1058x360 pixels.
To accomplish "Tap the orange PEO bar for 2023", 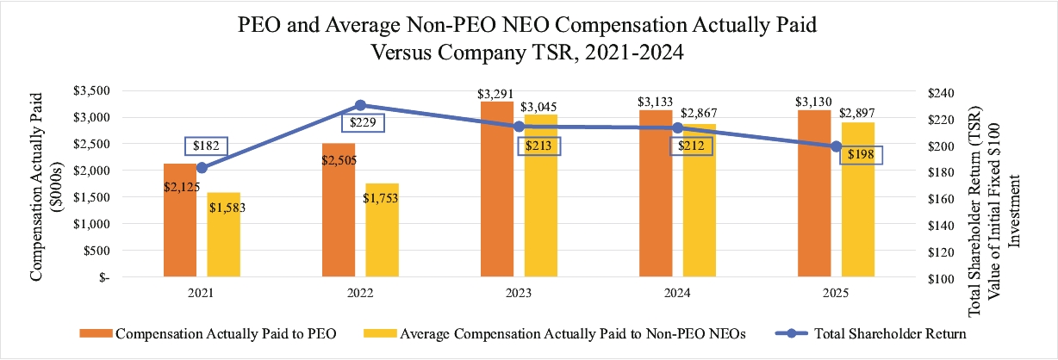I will pyautogui.click(x=497, y=189).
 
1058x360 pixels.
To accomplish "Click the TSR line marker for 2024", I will pyautogui.click(x=677, y=127).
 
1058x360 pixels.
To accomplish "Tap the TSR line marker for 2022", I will pyautogui.click(x=360, y=105).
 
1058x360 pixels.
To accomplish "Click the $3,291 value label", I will pyautogui.click(x=495, y=92).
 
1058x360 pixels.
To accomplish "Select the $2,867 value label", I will pyautogui.click(x=699, y=114).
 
